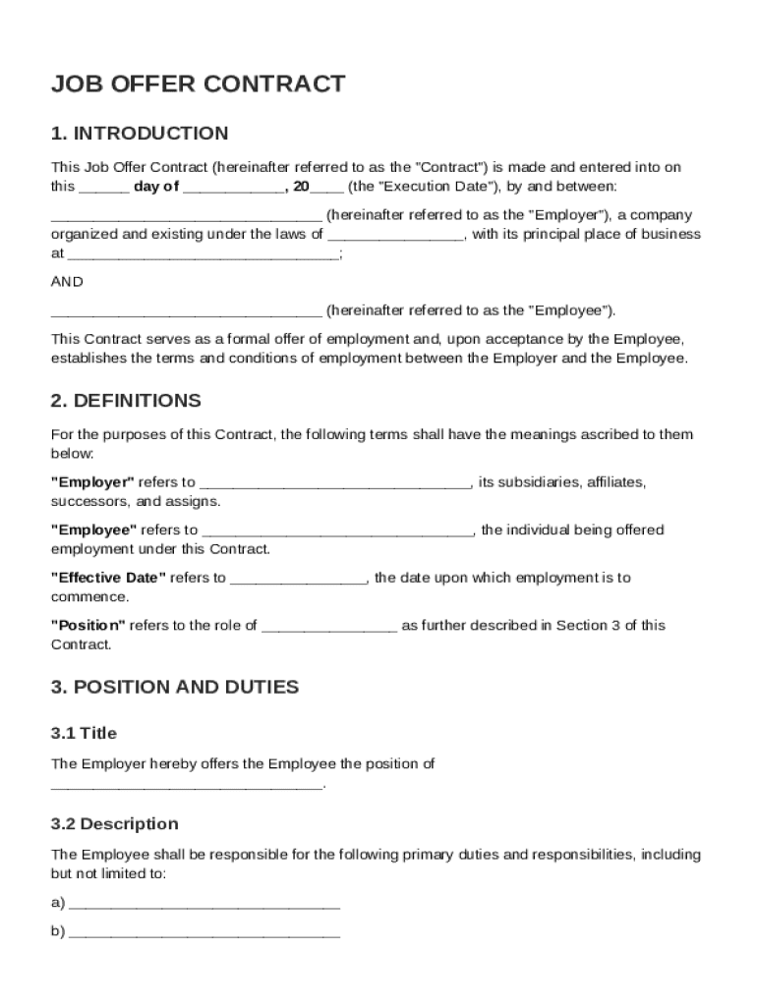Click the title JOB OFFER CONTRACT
[x=198, y=84]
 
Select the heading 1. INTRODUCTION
[x=140, y=134]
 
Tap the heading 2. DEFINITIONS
[x=126, y=401]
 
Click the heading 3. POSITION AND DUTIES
[x=175, y=688]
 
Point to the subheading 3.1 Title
[x=84, y=733]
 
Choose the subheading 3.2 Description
[x=115, y=823]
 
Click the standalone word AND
[x=67, y=282]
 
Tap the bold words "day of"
[x=156, y=187]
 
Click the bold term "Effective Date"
[x=108, y=578]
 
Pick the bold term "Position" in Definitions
[x=87, y=625]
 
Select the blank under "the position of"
[x=186, y=786]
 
